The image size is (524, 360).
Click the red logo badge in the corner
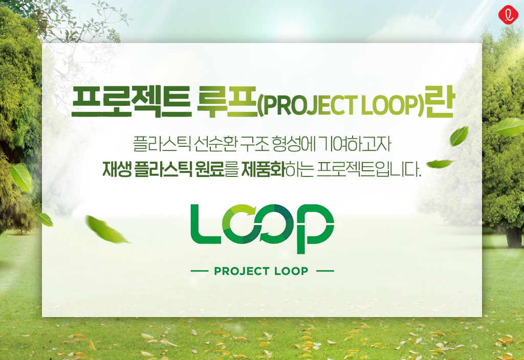(508, 15)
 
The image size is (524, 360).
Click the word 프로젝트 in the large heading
(132, 101)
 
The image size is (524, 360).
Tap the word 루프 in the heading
(227, 101)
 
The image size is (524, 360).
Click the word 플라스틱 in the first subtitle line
(162, 144)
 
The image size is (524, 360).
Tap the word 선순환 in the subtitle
(215, 144)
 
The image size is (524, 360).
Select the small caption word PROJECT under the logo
(242, 271)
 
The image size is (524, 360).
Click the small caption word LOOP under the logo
(291, 271)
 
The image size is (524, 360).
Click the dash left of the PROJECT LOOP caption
(200, 271)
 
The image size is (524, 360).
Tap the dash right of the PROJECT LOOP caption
(325, 271)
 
